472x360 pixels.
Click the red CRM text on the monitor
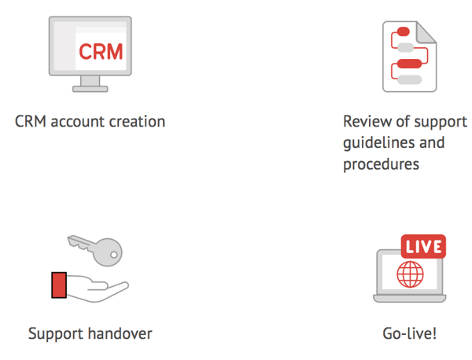(101, 51)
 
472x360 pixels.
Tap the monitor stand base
(90, 89)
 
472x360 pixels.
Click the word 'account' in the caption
(78, 122)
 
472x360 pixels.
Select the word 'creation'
(137, 122)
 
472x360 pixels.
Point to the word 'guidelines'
(378, 143)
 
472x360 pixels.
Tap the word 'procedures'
(381, 164)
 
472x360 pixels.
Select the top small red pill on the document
(404, 31)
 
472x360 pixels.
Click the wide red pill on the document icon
(409, 64)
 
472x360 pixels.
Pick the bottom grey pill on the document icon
(409, 79)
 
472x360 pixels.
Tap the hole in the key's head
(114, 255)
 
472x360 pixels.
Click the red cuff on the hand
(59, 285)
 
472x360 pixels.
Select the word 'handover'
(120, 334)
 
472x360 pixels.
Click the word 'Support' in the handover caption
(56, 334)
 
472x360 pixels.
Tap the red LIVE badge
(423, 247)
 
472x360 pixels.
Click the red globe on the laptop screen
(410, 274)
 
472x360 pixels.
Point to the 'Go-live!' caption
(409, 333)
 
